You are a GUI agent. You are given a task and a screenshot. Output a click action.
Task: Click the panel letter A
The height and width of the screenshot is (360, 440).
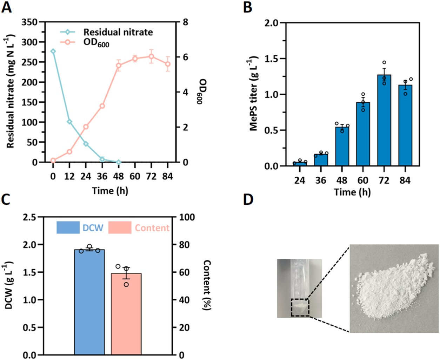(x=7, y=7)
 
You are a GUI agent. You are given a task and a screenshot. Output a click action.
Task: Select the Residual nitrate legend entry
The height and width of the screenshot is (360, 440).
(x=118, y=32)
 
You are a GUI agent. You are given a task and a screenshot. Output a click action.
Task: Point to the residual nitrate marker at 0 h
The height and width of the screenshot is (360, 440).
(x=53, y=51)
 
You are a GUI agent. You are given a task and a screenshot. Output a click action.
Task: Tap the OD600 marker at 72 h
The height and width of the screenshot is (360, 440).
(x=151, y=56)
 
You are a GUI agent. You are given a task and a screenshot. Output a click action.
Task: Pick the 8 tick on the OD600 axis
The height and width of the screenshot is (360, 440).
(x=185, y=22)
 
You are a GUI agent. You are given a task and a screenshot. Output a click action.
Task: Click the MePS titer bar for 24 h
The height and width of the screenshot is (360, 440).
(x=300, y=164)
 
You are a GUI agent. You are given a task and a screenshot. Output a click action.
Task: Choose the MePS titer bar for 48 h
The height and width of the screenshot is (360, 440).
(x=342, y=146)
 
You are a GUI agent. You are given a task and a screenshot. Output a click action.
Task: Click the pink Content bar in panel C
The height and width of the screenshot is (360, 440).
(x=126, y=314)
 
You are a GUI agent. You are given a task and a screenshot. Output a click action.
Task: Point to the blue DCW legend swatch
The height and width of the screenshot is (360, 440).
(x=68, y=227)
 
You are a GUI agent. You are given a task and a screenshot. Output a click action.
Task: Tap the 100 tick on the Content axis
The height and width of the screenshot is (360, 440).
(x=186, y=217)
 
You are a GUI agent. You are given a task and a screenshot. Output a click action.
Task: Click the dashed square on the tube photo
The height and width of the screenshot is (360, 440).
(x=300, y=307)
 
